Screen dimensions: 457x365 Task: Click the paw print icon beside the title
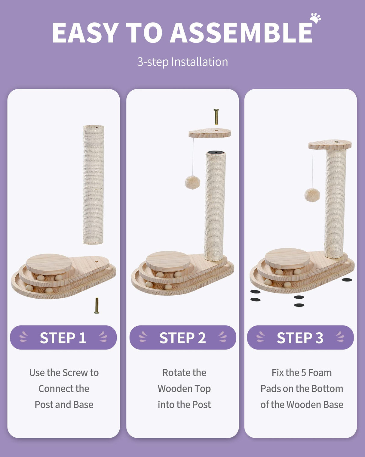[315, 18]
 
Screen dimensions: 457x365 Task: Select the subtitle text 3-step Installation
[182, 62]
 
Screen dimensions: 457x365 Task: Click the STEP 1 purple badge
[63, 337]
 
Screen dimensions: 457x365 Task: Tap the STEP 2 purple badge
[182, 337]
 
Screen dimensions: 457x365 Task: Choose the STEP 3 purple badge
[300, 337]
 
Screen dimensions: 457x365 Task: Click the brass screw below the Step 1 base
[97, 306]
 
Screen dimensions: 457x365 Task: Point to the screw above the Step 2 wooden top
[216, 117]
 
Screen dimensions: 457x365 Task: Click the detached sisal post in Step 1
[93, 184]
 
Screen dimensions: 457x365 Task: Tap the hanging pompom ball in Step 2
[192, 182]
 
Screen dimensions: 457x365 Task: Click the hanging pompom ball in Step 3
[312, 195]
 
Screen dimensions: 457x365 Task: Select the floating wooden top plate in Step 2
[210, 133]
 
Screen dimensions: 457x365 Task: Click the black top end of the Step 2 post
[216, 153]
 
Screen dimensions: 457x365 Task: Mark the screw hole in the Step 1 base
[97, 261]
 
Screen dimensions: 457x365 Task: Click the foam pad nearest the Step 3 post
[347, 280]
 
